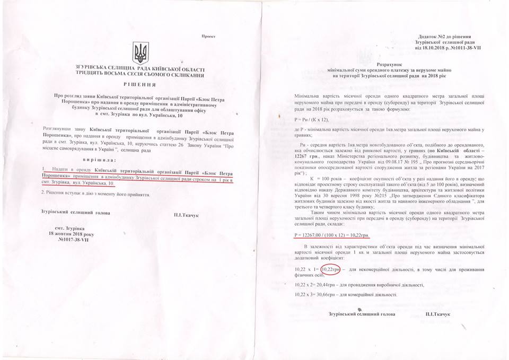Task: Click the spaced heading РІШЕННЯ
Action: (140, 84)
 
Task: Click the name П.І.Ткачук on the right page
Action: (437, 314)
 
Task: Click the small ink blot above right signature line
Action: (360, 308)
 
